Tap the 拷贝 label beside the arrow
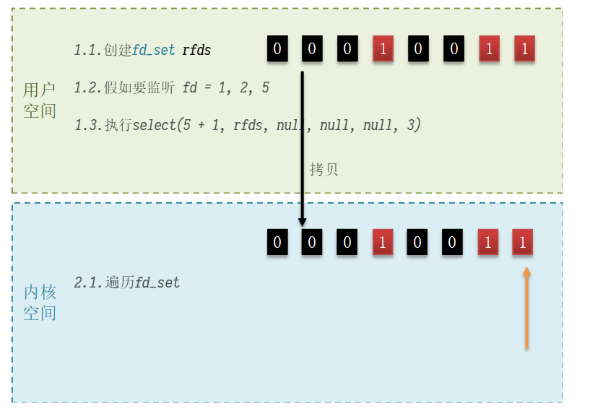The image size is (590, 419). point(324,170)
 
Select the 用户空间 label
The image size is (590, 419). point(40,100)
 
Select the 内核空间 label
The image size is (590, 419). point(40,303)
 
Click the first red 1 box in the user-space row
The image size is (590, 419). point(383,50)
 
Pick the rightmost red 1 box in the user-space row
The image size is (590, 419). point(524,50)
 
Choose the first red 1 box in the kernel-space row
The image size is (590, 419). point(383,242)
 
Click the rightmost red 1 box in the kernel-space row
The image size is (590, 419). point(523,242)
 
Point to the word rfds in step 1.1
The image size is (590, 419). point(196,51)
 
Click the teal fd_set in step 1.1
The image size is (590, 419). point(154,51)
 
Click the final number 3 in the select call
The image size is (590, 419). point(411,126)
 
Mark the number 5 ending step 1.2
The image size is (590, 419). point(265,88)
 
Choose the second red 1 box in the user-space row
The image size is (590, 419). point(489,50)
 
